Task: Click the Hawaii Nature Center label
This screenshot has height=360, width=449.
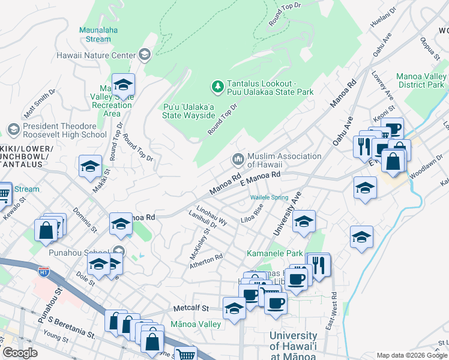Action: pyautogui.click(x=96, y=56)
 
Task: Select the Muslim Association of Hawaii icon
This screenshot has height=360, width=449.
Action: pyautogui.click(x=238, y=160)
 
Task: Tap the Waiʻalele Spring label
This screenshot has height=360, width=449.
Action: pyautogui.click(x=269, y=197)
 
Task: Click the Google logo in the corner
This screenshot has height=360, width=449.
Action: pyautogui.click(x=20, y=353)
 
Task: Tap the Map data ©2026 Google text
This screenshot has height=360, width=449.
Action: pyautogui.click(x=412, y=355)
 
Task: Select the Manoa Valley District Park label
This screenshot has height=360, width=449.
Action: pyautogui.click(x=420, y=81)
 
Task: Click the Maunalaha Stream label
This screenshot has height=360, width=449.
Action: pyautogui.click(x=95, y=34)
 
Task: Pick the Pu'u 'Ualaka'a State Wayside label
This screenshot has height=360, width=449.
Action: pyautogui.click(x=188, y=111)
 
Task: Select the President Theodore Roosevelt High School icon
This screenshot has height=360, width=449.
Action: pyautogui.click(x=13, y=130)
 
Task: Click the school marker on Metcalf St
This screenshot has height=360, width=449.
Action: pyautogui.click(x=234, y=308)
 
